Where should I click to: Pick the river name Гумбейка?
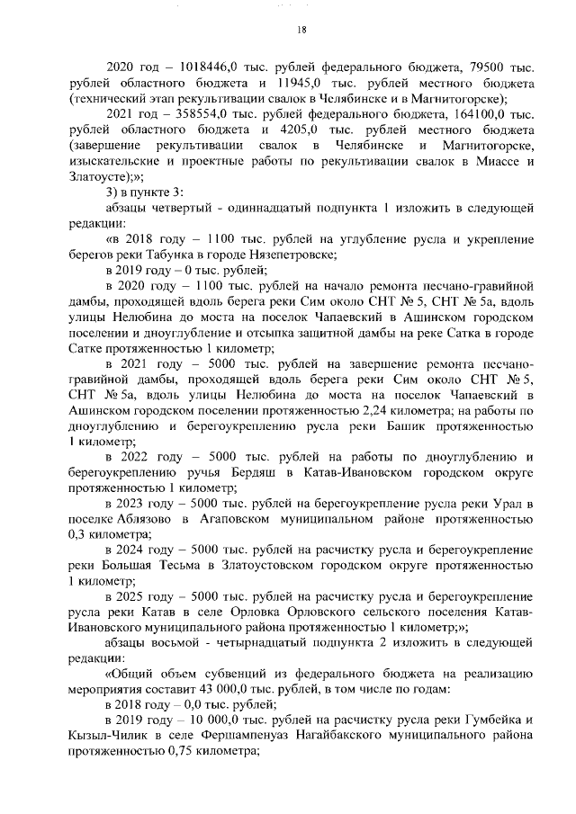[487, 723]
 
